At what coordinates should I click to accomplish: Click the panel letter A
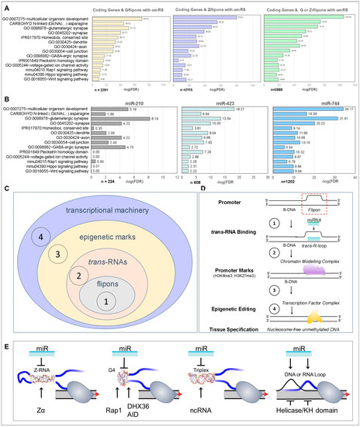coord(5,5)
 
